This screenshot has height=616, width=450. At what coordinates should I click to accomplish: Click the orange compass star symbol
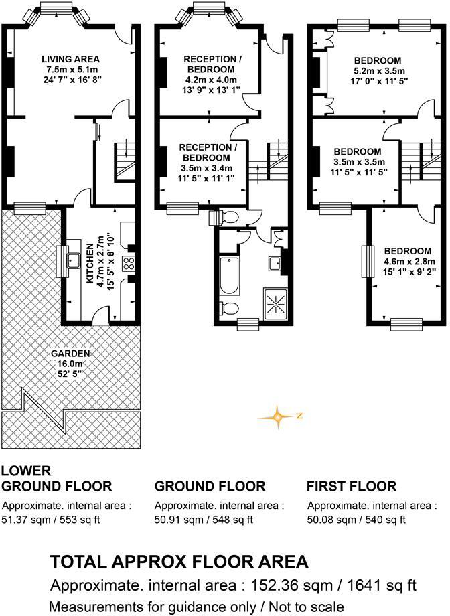277,416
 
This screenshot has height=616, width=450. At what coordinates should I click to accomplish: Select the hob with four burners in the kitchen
130,263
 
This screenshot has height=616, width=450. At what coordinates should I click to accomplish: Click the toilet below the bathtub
228,308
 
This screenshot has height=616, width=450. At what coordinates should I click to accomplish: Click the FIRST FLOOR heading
351,486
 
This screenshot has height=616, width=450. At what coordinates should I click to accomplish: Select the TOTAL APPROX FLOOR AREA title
179,561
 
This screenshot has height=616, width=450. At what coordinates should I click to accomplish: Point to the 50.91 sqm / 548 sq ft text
204,519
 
